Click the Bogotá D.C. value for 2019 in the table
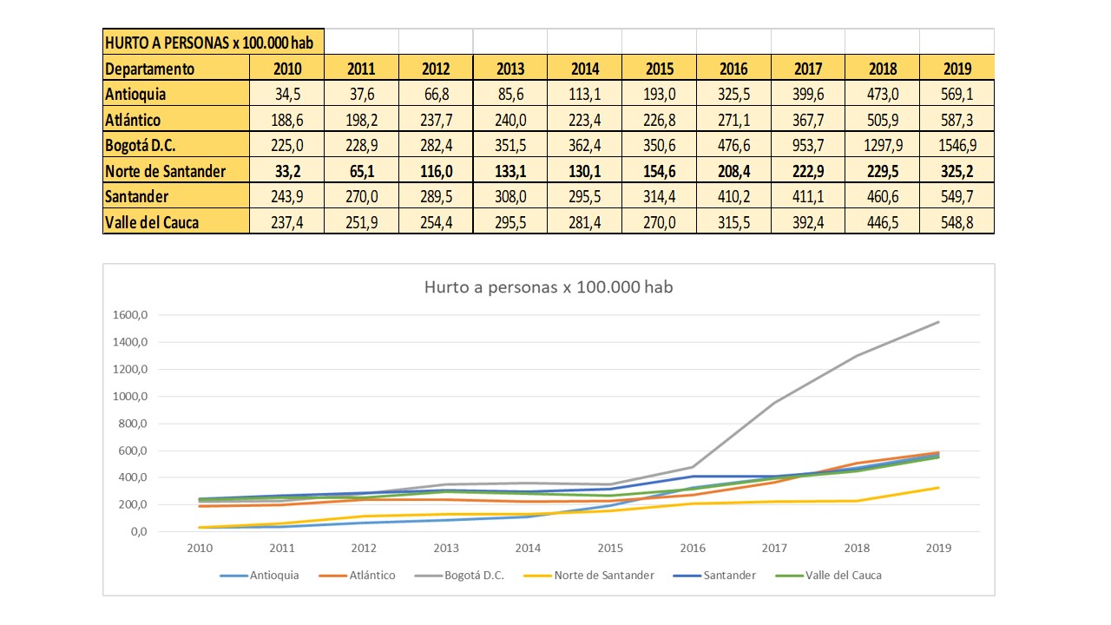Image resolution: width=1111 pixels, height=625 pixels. pyautogui.click(x=957, y=145)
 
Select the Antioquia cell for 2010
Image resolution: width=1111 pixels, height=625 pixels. pyautogui.click(x=286, y=94)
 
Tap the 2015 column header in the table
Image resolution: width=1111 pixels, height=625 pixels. pyautogui.click(x=659, y=69)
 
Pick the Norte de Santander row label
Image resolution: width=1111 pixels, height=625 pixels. pyautogui.click(x=165, y=171)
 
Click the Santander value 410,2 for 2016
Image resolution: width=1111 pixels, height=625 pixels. pyautogui.click(x=733, y=197)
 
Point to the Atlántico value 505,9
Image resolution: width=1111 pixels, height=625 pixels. pyautogui.click(x=882, y=120)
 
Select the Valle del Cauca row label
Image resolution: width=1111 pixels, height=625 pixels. pyautogui.click(x=151, y=222)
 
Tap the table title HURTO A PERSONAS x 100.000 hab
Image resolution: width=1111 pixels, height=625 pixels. pyautogui.click(x=214, y=42)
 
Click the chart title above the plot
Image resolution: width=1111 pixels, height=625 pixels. pyautogui.click(x=549, y=287)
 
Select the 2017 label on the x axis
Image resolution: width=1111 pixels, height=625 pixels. pyautogui.click(x=773, y=548)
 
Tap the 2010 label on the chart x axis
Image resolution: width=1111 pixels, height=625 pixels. pyautogui.click(x=200, y=548)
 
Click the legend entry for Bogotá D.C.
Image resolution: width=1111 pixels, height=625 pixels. pyautogui.click(x=473, y=575)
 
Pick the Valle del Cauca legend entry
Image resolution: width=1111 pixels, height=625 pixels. pyautogui.click(x=843, y=575)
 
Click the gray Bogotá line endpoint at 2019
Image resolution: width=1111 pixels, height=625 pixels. pyautogui.click(x=938, y=322)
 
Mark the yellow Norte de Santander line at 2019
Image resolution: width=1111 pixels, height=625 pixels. pyautogui.click(x=938, y=487)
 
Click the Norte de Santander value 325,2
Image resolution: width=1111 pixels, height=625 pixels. pyautogui.click(x=957, y=171)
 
